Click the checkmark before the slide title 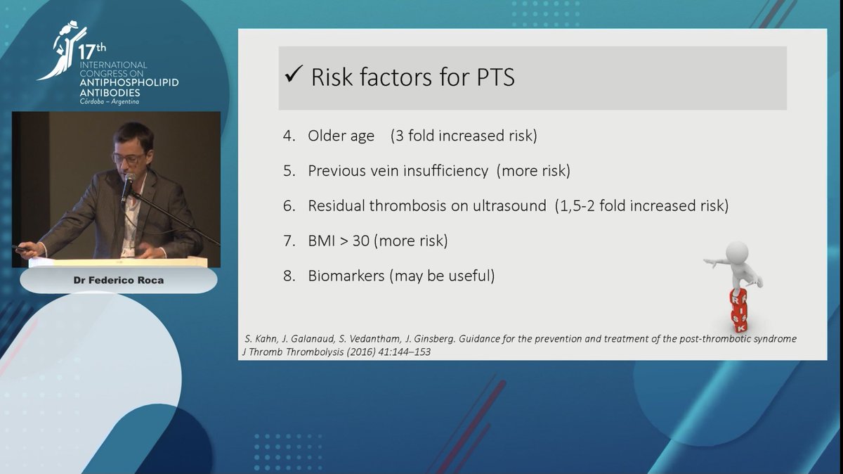pyautogui.click(x=294, y=75)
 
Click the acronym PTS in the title pyautogui.click(x=491, y=77)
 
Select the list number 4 pyautogui.click(x=289, y=136)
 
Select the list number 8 pyautogui.click(x=289, y=276)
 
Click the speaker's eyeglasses pyautogui.click(x=129, y=158)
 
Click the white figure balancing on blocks pyautogui.click(x=736, y=266)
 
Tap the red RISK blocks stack pyautogui.click(x=738, y=309)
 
